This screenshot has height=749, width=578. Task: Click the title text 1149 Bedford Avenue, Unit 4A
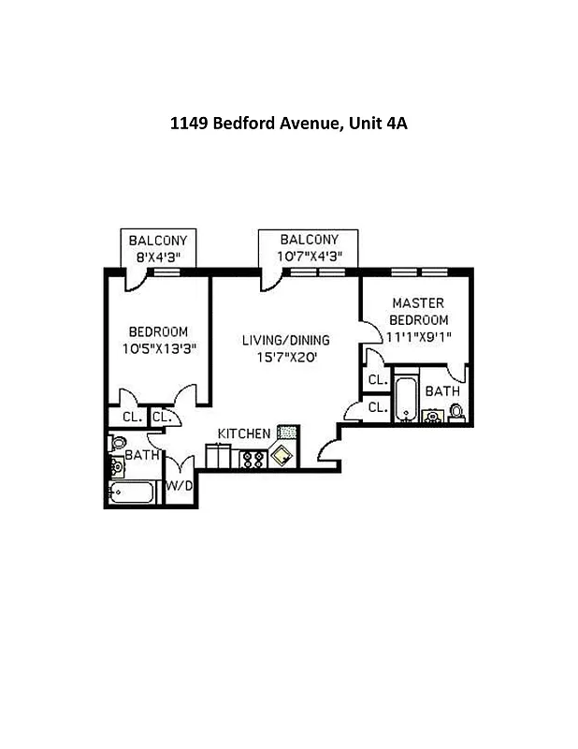(288, 123)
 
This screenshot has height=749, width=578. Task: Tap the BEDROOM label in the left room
(158, 331)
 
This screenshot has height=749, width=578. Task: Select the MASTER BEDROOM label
(417, 311)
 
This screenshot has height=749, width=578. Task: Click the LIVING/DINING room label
(285, 339)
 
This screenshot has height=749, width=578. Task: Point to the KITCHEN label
(244, 433)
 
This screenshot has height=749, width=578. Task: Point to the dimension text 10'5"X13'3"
(158, 348)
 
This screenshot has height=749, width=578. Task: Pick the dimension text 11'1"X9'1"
(417, 338)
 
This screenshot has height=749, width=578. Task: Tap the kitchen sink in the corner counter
(282, 456)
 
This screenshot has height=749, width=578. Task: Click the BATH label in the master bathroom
(442, 390)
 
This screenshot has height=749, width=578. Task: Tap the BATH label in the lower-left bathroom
(142, 454)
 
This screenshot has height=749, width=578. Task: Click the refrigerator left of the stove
(219, 456)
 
